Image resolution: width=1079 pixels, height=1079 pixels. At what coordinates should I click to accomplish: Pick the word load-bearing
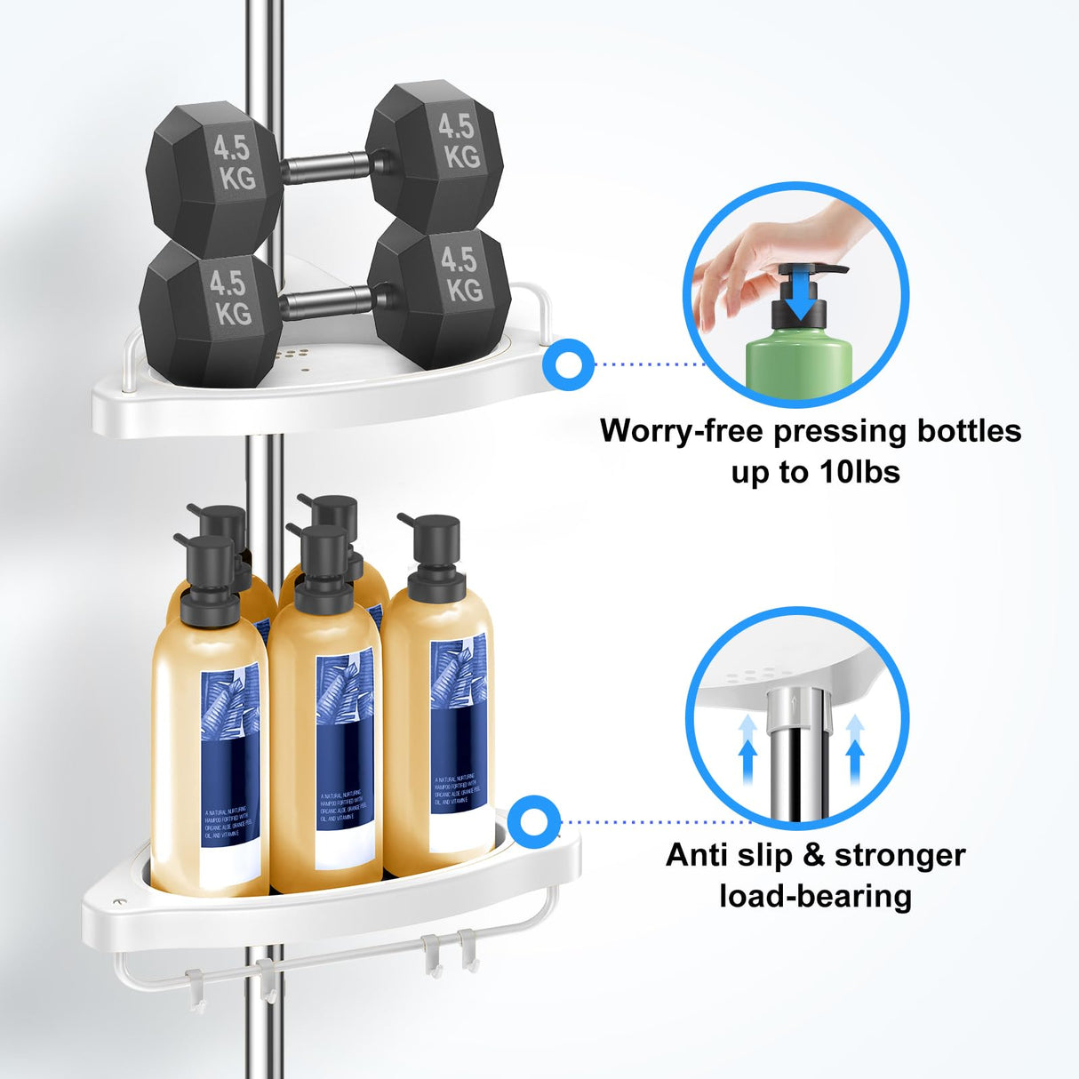pos(815,896)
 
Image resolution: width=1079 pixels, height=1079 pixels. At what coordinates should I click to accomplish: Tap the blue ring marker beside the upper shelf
pos(567,364)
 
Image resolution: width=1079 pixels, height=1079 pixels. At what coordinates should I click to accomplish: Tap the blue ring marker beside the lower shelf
pos(535,822)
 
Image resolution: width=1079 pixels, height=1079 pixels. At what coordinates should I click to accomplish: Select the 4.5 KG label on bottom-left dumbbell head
pos(228,298)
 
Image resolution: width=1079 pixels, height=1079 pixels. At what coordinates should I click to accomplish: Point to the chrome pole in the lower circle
pos(797,747)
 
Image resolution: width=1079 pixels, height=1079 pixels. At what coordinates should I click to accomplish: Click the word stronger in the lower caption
pos(899,855)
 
